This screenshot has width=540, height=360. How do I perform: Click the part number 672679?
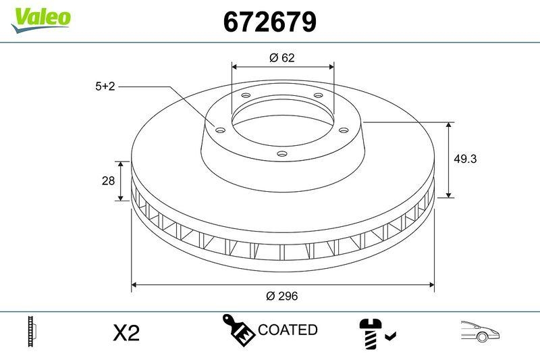point(270,22)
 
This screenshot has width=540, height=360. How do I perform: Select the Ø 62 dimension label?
point(282,58)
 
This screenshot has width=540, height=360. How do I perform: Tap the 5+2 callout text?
point(105,86)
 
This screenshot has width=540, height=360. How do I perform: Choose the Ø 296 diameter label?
point(282,296)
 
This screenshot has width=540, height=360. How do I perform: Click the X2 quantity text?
point(126,332)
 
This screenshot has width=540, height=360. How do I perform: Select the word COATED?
point(288,330)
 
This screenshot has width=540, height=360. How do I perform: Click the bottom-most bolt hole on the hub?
point(282,154)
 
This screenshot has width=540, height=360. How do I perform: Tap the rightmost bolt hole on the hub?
point(342,130)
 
